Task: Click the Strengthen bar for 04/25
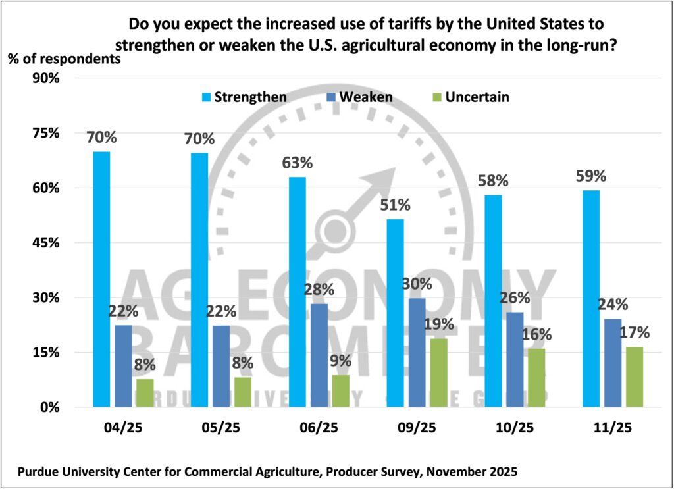(101, 279)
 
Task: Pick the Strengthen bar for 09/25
(395, 313)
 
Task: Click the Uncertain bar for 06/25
(341, 391)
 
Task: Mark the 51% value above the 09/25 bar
(395, 205)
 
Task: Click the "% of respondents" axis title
(65, 58)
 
